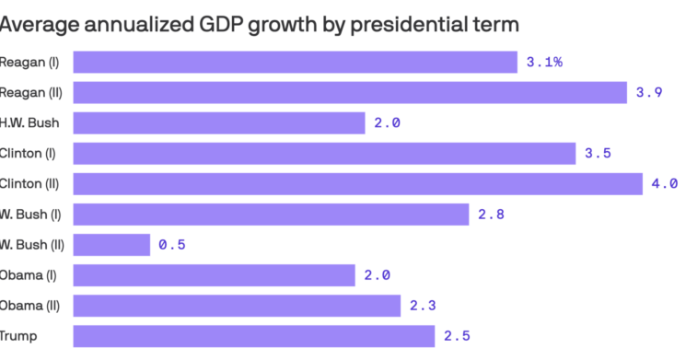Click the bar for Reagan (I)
click(x=295, y=62)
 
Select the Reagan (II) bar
click(x=350, y=92)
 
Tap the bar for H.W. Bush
click(x=219, y=122)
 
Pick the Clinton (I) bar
click(x=324, y=153)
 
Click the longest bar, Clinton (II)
click(x=357, y=183)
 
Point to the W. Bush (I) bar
click(x=271, y=214)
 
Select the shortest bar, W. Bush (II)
click(x=111, y=244)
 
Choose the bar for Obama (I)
click(x=214, y=274)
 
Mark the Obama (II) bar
click(x=237, y=305)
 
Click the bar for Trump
click(x=253, y=335)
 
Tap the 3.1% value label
click(x=544, y=62)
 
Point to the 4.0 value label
click(x=665, y=183)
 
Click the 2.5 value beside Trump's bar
click(x=458, y=335)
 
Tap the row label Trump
click(x=18, y=335)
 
